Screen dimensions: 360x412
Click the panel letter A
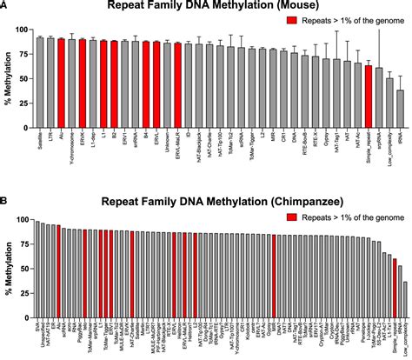(x=6, y=5)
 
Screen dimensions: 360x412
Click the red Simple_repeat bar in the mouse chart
(x=369, y=97)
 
